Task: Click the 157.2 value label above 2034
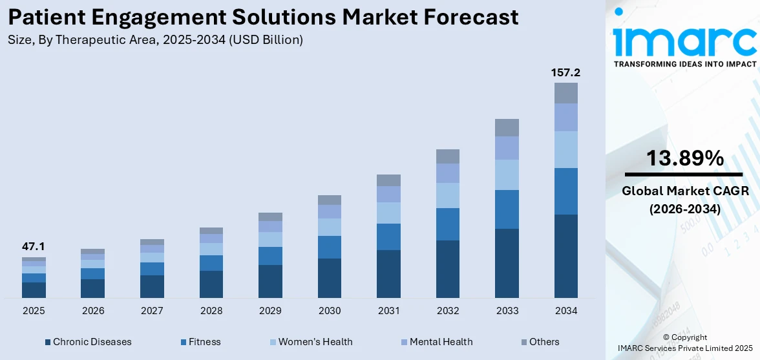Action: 565,72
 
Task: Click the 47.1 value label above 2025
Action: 34,246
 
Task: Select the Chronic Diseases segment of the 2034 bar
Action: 565,256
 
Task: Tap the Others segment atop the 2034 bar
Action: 565,93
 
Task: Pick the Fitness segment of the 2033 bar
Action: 507,209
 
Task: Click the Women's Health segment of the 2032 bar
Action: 447,195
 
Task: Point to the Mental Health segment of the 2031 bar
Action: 388,194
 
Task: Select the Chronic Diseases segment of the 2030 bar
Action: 329,278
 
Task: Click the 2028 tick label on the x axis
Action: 211,311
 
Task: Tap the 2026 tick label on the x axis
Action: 93,311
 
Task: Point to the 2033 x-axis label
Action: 507,311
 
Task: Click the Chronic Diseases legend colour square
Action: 48,342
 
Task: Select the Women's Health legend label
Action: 315,342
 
